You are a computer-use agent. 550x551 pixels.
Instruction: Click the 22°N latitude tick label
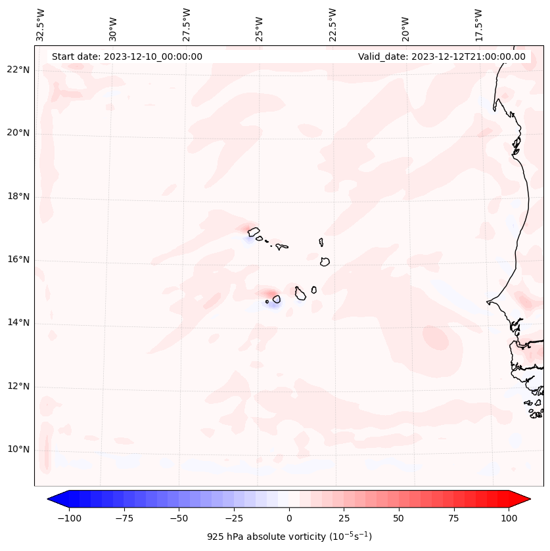tap(18, 70)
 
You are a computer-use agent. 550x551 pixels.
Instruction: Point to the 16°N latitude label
tap(18, 260)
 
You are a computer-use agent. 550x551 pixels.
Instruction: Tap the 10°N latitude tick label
tap(18, 450)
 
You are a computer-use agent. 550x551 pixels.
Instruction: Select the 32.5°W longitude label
tap(41, 25)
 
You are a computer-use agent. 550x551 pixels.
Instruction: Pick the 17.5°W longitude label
tap(478, 25)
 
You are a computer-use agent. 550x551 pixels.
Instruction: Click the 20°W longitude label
tap(405, 25)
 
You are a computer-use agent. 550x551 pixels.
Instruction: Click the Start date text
tap(127, 56)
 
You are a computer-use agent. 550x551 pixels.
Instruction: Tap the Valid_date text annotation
tap(442, 56)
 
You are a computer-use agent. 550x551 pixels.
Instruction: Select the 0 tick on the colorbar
tap(289, 518)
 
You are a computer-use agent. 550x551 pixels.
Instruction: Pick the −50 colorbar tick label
tap(178, 518)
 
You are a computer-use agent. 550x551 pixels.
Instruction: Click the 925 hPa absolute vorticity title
tap(289, 537)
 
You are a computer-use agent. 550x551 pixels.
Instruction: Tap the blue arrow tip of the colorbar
tap(53, 500)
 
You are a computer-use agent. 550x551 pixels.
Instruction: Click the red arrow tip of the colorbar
tap(526, 500)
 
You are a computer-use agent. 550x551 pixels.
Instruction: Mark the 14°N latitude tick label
tap(18, 323)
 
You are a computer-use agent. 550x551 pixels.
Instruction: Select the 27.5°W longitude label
tap(187, 25)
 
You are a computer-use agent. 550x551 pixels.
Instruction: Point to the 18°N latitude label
tap(18, 197)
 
